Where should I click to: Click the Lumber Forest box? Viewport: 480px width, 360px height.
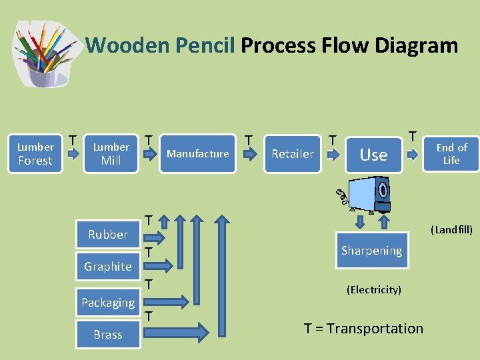pos(35,153)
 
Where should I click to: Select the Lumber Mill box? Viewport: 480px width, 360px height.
pos(111,153)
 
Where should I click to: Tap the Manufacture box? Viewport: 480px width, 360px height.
pos(197,153)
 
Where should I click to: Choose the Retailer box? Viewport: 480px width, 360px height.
pos(292,153)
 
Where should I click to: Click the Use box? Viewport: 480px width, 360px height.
pos(373,154)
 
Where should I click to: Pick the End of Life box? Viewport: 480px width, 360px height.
pos(451,153)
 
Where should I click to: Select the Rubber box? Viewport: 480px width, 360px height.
pos(107,234)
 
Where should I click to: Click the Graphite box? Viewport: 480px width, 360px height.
pos(107,266)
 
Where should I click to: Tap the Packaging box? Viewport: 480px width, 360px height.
pos(107,302)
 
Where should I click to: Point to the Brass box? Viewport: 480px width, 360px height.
pos(107,334)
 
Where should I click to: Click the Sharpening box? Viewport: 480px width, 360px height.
pos(371,250)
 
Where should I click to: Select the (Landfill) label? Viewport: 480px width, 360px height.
pos(451,230)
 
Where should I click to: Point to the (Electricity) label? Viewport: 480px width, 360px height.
pos(373,290)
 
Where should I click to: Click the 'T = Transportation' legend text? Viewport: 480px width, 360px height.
pos(363,328)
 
